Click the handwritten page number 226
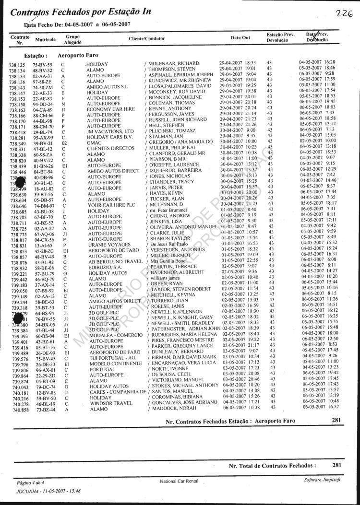pyautogui.click(x=344, y=14)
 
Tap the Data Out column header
pyautogui.click(x=240, y=37)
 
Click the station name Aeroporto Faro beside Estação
pyautogui.click(x=78, y=55)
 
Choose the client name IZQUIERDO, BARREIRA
pyautogui.click(x=173, y=171)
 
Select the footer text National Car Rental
pyautogui.click(x=180, y=481)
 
